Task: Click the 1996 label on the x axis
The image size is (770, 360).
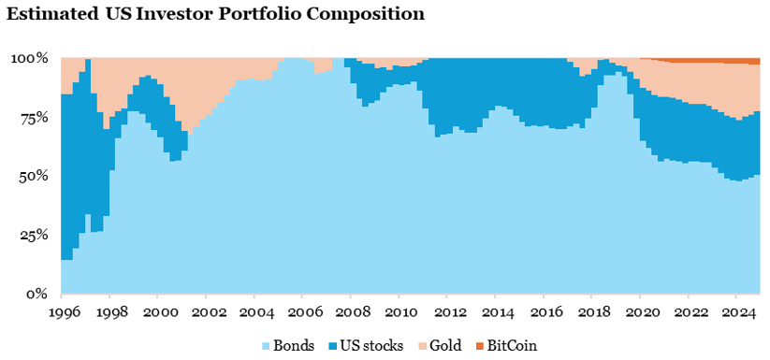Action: click(x=62, y=311)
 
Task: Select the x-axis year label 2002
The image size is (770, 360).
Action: click(x=208, y=311)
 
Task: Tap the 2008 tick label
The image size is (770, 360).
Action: click(x=353, y=311)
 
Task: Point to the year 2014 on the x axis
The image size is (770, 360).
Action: click(x=499, y=311)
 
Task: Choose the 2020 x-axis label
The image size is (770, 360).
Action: click(x=643, y=311)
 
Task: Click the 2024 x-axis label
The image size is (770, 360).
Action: click(x=739, y=311)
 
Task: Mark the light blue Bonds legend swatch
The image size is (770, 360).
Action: click(x=267, y=345)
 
